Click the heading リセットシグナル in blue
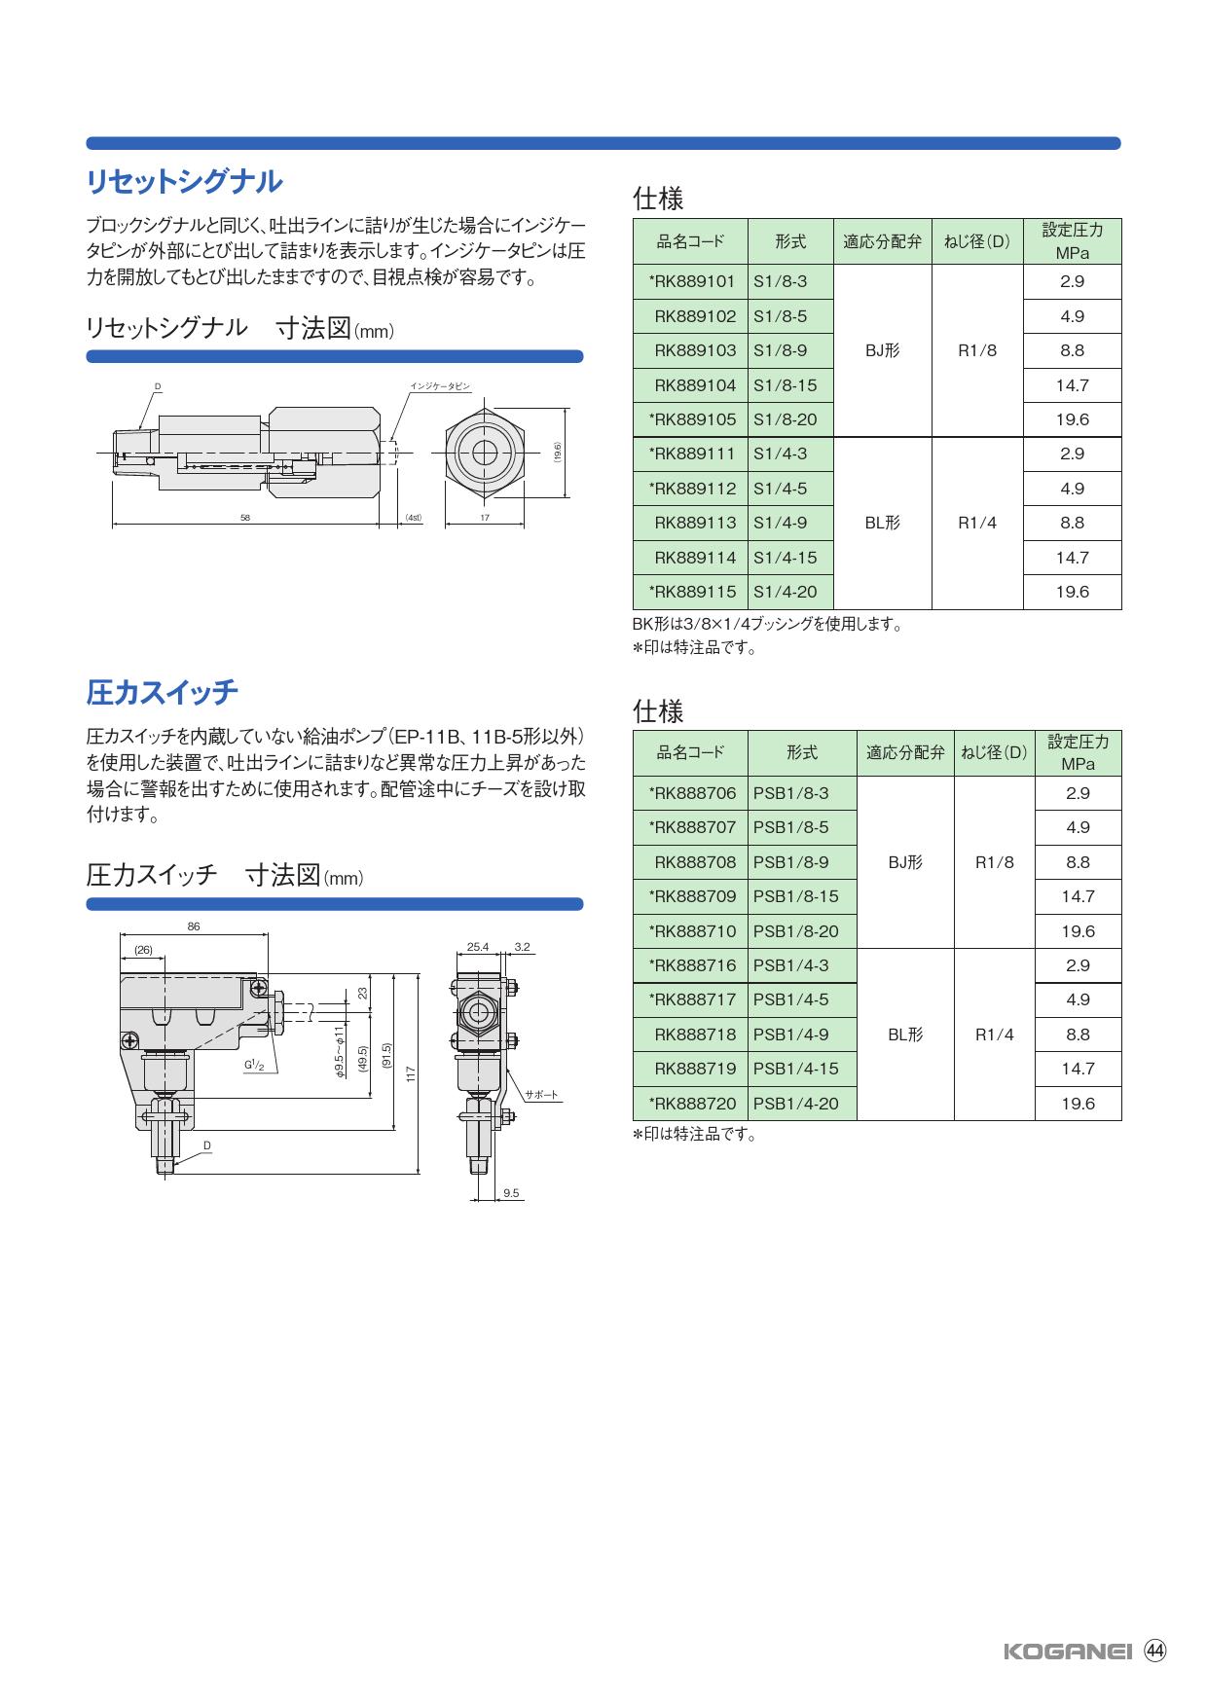pyautogui.click(x=184, y=182)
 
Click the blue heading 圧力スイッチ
pyautogui.click(x=162, y=692)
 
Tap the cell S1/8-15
pyautogui.click(x=786, y=385)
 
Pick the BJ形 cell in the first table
pyautogui.click(x=882, y=350)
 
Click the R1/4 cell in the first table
pyautogui.click(x=977, y=523)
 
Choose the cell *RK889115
pyautogui.click(x=691, y=592)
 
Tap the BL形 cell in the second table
pyautogui.click(x=905, y=1035)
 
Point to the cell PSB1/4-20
pyautogui.click(x=795, y=1104)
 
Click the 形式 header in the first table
pyautogui.click(x=790, y=241)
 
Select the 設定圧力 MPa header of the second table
pyautogui.click(x=1078, y=752)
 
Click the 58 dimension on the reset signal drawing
pyautogui.click(x=245, y=518)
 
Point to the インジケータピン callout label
pyautogui.click(x=440, y=386)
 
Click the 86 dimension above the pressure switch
pyautogui.click(x=194, y=926)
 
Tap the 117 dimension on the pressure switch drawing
pyautogui.click(x=411, y=1074)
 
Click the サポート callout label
pyautogui.click(x=542, y=1095)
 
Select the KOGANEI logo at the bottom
pyautogui.click(x=1067, y=1652)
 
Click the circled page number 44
pyautogui.click(x=1155, y=1651)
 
